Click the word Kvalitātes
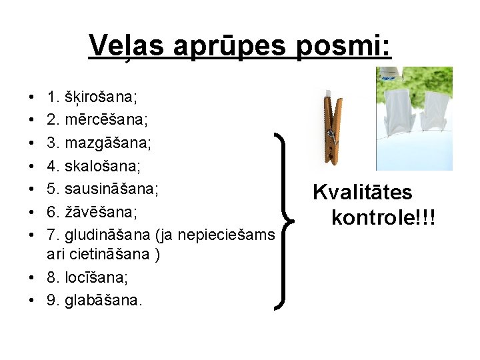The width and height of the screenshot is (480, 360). coord(363,193)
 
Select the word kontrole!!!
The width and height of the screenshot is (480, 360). coord(383,216)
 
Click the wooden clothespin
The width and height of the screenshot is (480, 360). coord(331,127)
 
